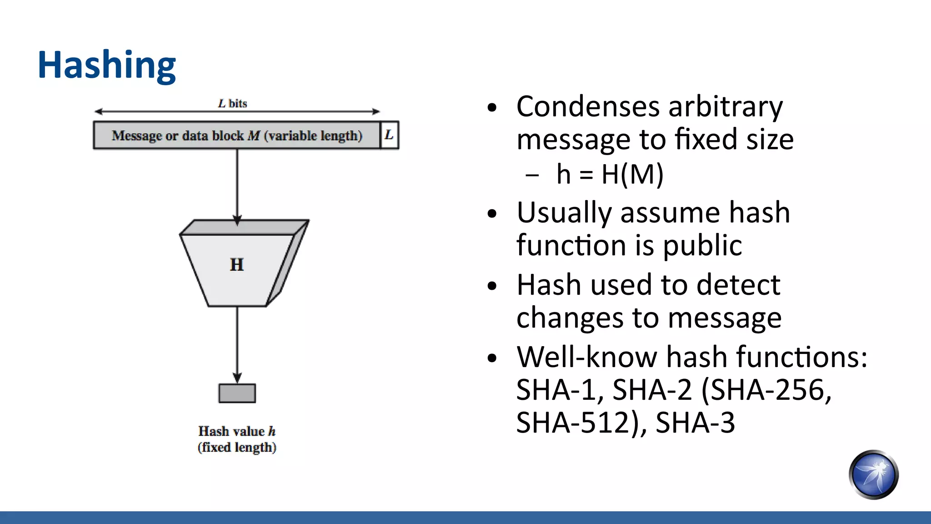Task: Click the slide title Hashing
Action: pos(106,65)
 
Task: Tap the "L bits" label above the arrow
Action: pos(232,104)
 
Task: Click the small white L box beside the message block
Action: pos(389,135)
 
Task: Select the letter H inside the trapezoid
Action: pos(237,264)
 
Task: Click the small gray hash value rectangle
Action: pos(237,393)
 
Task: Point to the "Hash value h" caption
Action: pos(237,431)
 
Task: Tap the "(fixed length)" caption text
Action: pos(237,447)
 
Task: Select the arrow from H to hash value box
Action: pos(237,343)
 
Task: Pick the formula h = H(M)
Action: pos(610,174)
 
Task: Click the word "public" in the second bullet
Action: pos(702,246)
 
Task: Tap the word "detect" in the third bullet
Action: pos(738,285)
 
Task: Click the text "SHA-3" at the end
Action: pos(695,423)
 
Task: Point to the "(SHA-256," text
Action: pos(766,390)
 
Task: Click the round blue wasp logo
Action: pos(873,474)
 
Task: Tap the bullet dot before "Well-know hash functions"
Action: pos(492,358)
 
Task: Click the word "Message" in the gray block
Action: pos(137,136)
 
